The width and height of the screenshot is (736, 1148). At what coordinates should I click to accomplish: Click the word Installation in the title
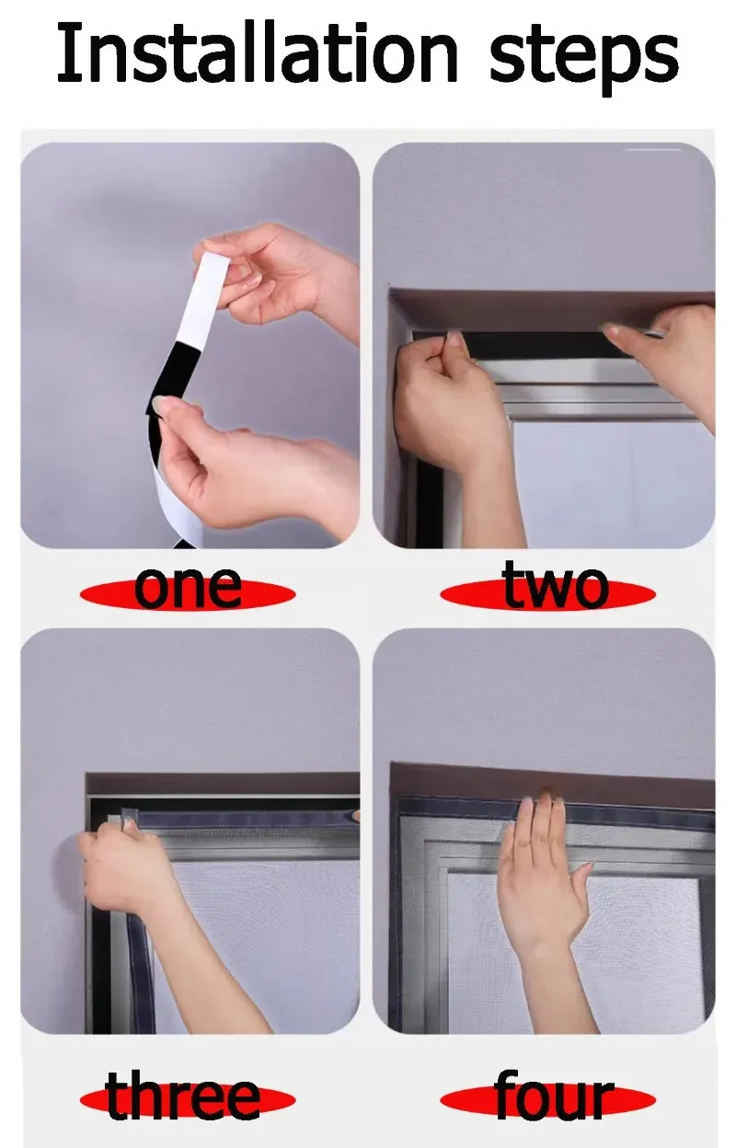point(258,52)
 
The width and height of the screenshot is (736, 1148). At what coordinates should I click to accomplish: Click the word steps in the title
point(584,59)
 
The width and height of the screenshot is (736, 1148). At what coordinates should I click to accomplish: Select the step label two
point(555,584)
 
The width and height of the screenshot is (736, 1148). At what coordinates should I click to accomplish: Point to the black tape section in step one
point(172,378)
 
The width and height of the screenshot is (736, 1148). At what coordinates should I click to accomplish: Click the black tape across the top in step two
point(533,344)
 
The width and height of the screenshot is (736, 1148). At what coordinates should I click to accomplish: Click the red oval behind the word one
point(188,594)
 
